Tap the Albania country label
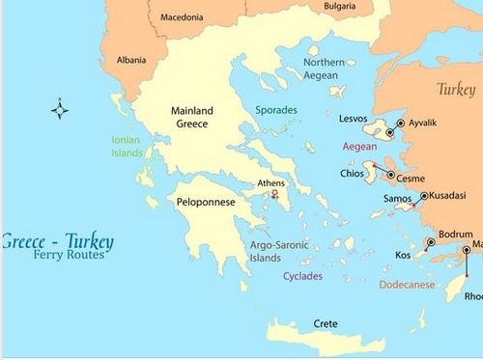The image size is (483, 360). point(131,60)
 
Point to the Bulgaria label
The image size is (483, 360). point(339,6)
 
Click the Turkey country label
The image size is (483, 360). point(456,89)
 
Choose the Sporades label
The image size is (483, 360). point(277,111)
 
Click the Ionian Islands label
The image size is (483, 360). point(126,146)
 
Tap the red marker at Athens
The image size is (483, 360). point(274,196)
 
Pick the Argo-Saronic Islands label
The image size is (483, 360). point(278,252)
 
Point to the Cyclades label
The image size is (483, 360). point(302,277)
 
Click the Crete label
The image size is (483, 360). point(327,324)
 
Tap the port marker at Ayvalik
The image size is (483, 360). point(401,123)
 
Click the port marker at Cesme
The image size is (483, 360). point(391,176)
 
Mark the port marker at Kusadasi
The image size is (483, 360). point(424,196)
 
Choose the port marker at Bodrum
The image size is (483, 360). point(431,242)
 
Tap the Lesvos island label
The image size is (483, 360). point(354,118)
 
